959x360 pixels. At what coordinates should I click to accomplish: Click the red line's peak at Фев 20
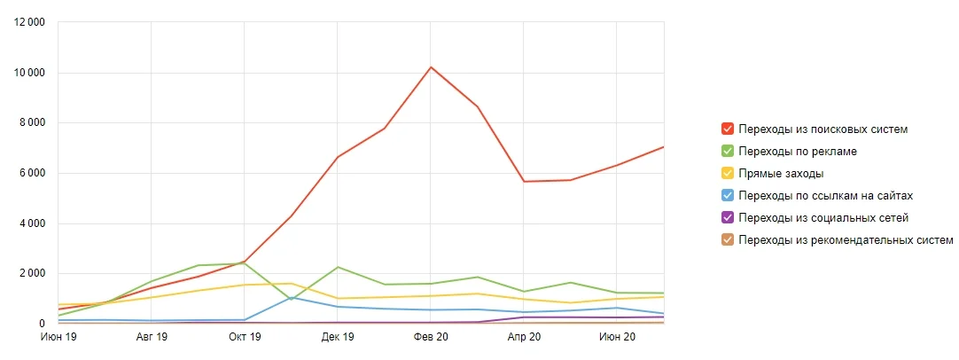(x=431, y=67)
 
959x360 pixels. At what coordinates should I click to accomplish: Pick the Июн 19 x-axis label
(x=59, y=338)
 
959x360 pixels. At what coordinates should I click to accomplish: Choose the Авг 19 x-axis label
(x=152, y=338)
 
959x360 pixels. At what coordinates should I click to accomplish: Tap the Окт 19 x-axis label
(x=245, y=338)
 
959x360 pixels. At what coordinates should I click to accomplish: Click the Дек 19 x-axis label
(x=338, y=338)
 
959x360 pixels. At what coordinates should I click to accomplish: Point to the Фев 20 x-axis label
(x=431, y=338)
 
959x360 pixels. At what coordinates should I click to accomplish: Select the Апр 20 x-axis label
(x=524, y=338)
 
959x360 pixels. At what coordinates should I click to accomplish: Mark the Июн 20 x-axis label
(x=617, y=338)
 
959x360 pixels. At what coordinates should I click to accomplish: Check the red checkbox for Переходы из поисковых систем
(x=728, y=129)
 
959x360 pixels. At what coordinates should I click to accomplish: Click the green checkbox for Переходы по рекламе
(x=728, y=152)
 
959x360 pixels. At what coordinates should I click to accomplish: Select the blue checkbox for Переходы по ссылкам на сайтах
(x=728, y=195)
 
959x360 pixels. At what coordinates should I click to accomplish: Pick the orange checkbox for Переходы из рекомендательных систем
(x=728, y=239)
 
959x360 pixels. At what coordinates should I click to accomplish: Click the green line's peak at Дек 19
(x=338, y=267)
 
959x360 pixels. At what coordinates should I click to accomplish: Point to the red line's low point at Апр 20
(x=524, y=182)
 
